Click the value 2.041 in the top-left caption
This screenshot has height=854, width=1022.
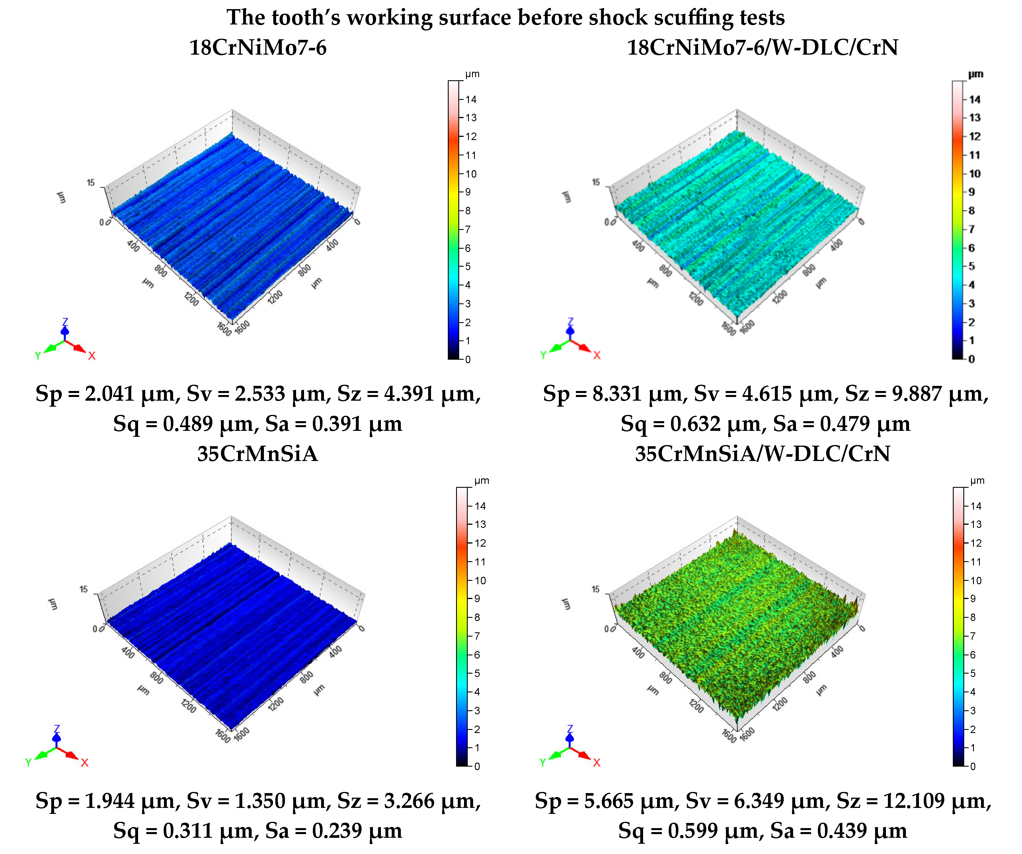(x=110, y=393)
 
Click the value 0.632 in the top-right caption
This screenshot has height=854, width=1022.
(x=695, y=424)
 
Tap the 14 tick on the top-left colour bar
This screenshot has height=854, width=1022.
(x=471, y=99)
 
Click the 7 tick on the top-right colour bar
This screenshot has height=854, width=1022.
(x=971, y=229)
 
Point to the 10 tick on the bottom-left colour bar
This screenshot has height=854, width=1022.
(x=480, y=581)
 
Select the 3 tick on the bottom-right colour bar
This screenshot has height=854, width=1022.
(x=973, y=711)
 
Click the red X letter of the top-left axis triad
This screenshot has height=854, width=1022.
(x=91, y=356)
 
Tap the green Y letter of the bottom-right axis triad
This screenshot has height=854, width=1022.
(x=543, y=763)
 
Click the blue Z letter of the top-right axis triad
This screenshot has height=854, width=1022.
(x=570, y=322)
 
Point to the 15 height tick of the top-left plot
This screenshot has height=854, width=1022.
(x=91, y=183)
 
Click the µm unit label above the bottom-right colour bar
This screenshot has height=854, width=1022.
(x=977, y=481)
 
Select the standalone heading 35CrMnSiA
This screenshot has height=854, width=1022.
(x=257, y=454)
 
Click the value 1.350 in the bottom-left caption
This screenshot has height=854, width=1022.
(x=260, y=801)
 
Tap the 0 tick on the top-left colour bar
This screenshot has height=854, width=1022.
(x=468, y=360)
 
